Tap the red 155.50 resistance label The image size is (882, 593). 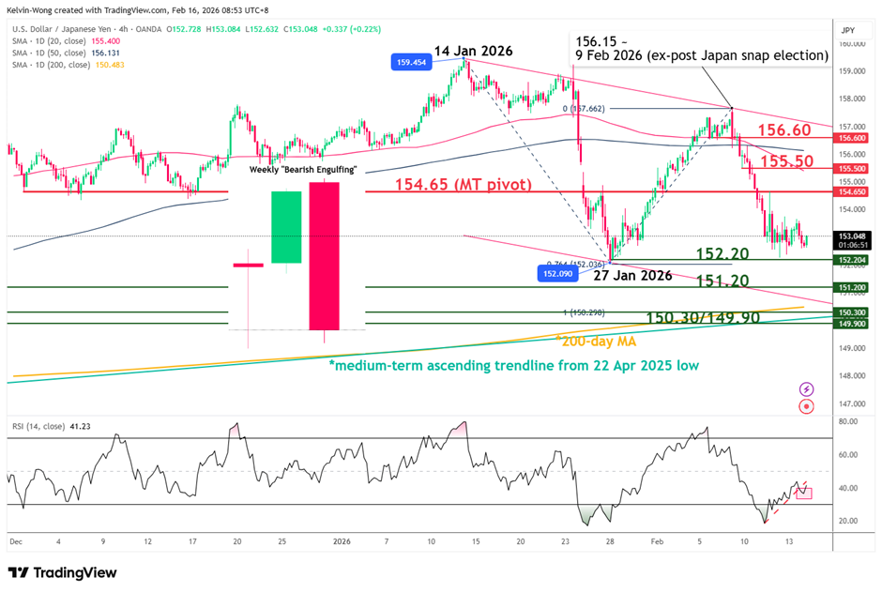[785, 160]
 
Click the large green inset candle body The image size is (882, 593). [286, 227]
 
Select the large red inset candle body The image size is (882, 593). [324, 255]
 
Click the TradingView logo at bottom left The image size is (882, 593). [64, 572]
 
